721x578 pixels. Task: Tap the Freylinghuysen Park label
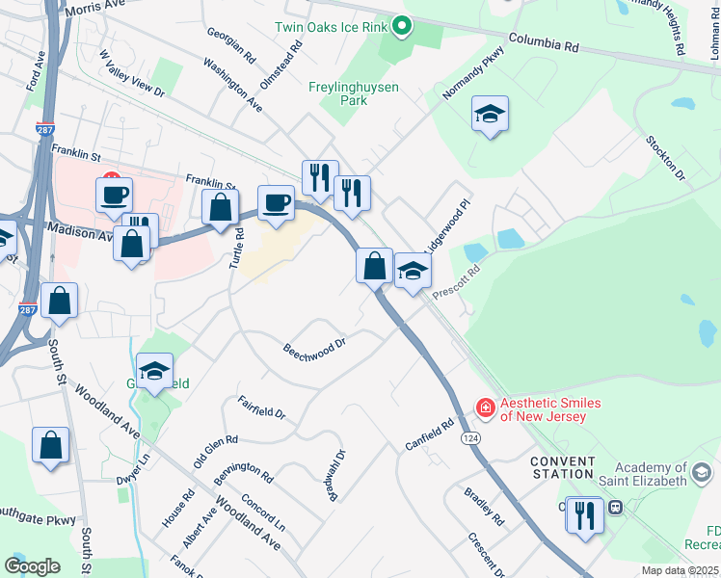click(353, 93)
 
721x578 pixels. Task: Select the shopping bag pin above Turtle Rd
click(221, 207)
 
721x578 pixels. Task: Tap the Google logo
click(32, 566)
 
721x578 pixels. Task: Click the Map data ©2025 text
click(680, 570)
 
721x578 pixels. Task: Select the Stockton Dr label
click(666, 159)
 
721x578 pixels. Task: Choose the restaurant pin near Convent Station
click(585, 515)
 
